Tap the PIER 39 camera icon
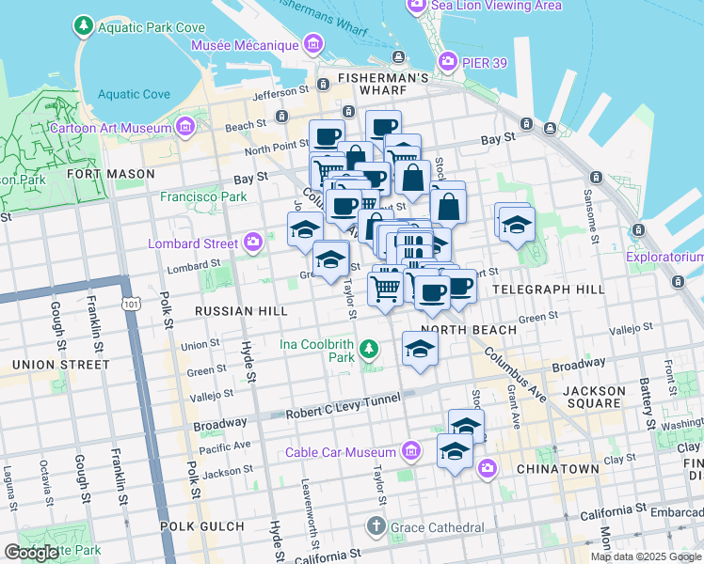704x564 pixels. tap(448, 62)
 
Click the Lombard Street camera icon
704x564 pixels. tap(252, 243)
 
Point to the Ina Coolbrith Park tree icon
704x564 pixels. tap(370, 351)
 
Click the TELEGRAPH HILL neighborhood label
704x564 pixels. tap(549, 290)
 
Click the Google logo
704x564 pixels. tap(31, 553)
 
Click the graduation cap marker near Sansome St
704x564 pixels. tap(517, 225)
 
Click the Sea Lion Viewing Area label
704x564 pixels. tap(496, 6)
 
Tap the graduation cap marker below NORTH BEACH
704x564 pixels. tap(420, 351)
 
